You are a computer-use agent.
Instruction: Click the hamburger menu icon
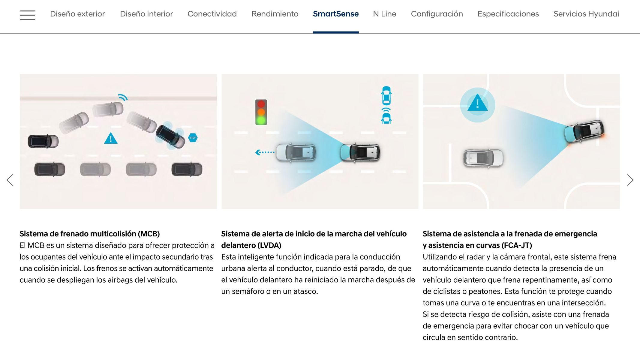(x=27, y=15)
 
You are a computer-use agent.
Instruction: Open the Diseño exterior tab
(x=77, y=14)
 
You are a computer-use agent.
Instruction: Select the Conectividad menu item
(x=212, y=14)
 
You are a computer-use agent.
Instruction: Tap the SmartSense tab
(x=336, y=14)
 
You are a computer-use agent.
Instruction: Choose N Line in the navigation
(x=385, y=14)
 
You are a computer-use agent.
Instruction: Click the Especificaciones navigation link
(x=508, y=14)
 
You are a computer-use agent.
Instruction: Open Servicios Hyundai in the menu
(x=586, y=14)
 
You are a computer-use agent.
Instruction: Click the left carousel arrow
(x=10, y=180)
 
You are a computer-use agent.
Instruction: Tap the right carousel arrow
(x=630, y=180)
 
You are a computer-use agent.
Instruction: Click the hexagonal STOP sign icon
(x=193, y=138)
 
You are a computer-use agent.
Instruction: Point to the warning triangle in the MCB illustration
(x=111, y=138)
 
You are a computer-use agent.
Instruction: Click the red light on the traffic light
(x=261, y=104)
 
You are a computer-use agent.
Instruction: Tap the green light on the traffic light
(x=261, y=120)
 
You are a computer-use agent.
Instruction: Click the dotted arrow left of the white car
(x=265, y=152)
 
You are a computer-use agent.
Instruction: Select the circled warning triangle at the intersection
(x=477, y=104)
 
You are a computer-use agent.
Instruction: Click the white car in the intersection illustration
(x=483, y=157)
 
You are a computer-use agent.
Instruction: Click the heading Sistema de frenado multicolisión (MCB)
(x=90, y=234)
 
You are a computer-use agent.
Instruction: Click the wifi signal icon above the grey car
(x=123, y=97)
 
